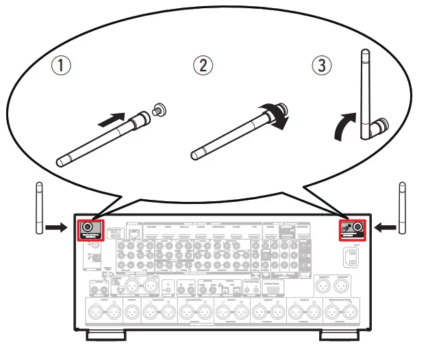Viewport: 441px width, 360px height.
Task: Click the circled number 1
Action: [62, 67]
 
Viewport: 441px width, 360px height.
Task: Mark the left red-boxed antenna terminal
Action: [88, 229]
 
